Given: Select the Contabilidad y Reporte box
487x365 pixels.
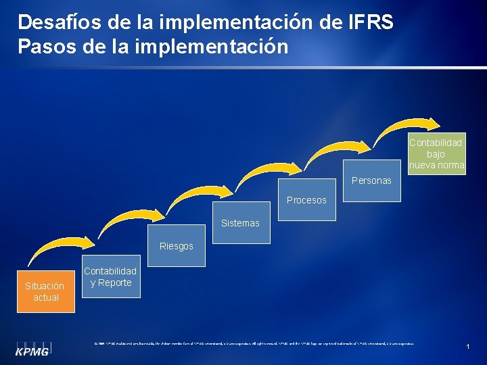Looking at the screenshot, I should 110,276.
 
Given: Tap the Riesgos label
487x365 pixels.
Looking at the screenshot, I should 177,246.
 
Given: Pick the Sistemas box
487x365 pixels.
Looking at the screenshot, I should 240,222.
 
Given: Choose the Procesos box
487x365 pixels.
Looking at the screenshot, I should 306,199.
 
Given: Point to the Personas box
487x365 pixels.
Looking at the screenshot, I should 371,180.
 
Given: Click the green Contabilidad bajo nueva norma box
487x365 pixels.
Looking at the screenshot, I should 436,153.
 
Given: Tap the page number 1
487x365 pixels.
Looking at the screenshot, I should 467,347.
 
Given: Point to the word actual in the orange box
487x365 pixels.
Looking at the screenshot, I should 46,297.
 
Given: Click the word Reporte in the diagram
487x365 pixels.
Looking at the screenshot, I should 114,283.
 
